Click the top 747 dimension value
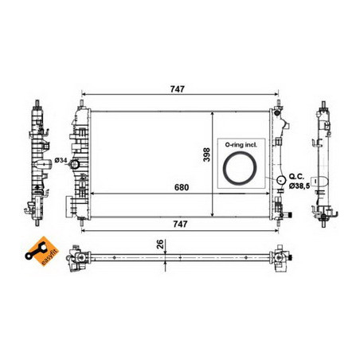click(x=177, y=89)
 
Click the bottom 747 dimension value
click(x=180, y=224)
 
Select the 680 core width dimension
click(x=182, y=187)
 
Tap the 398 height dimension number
click(x=206, y=155)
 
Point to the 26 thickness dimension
click(x=160, y=244)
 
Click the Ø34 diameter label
click(x=61, y=160)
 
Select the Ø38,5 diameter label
click(x=299, y=186)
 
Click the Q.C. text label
click(x=296, y=177)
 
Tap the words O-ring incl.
click(x=241, y=145)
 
